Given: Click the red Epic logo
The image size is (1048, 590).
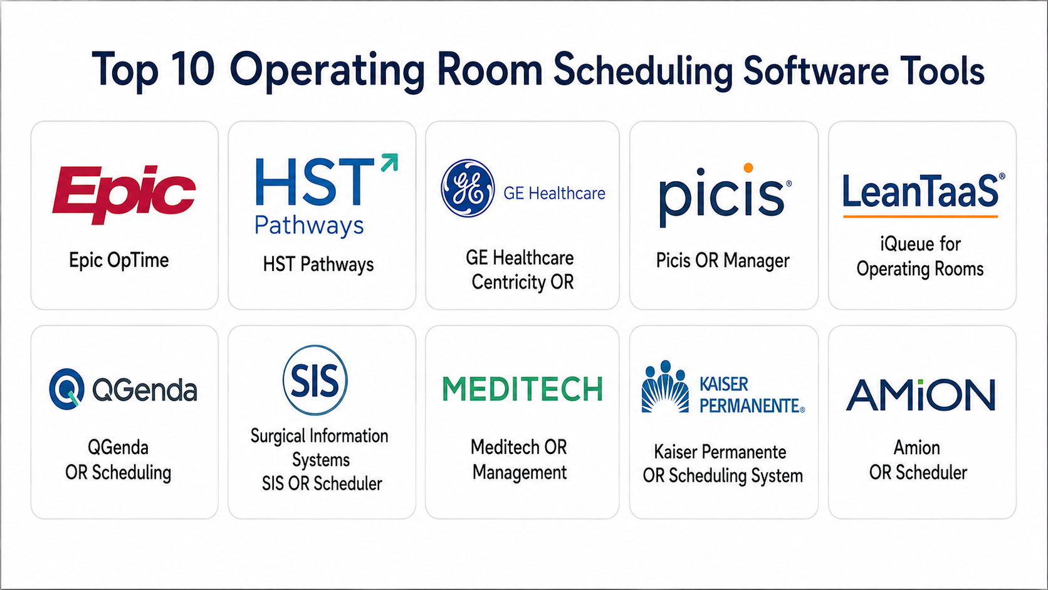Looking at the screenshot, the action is point(124,194).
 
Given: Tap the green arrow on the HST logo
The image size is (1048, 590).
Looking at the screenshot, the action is point(390,162).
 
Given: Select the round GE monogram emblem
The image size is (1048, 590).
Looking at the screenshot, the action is point(468,188).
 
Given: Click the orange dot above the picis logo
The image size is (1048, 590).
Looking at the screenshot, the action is point(748,168).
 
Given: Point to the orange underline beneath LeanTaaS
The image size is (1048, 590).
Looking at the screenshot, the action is point(920,217).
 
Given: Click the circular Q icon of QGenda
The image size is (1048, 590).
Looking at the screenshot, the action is point(67,389).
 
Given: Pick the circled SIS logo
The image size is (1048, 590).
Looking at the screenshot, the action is point(315,380).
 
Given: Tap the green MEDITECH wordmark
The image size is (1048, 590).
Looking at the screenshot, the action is point(523,389).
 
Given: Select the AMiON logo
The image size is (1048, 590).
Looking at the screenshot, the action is point(920,394).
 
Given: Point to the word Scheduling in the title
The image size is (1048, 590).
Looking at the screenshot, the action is point(643,70).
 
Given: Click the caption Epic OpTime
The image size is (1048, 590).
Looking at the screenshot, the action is point(119,261).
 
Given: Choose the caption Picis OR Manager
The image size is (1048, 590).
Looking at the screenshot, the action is point(722,261).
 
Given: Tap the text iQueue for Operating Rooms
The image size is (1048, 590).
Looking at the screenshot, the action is point(920,256).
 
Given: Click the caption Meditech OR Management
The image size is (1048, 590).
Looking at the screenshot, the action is point(520,460).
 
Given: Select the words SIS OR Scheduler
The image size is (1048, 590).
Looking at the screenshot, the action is point(322,484).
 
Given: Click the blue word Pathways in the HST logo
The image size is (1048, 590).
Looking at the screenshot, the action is point(309,226).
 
